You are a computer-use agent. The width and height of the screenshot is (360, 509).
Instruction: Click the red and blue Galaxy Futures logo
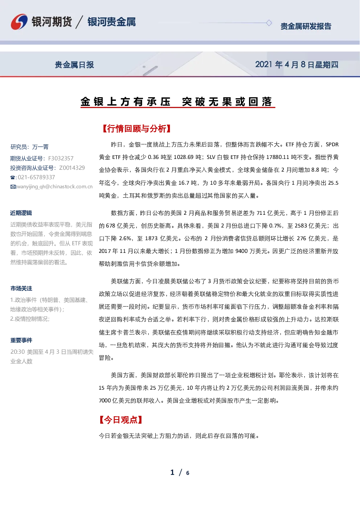pyautogui.click(x=19, y=22)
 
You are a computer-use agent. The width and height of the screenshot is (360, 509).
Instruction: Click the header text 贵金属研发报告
pyautogui.click(x=306, y=26)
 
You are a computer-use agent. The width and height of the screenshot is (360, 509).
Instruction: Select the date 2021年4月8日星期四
pyautogui.click(x=296, y=65)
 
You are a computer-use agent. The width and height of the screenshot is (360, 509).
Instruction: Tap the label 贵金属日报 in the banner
pyautogui.click(x=74, y=65)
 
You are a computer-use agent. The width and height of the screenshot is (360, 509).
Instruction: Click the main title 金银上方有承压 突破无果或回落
pyautogui.click(x=177, y=101)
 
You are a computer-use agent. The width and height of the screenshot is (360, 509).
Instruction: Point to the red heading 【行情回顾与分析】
pyautogui.click(x=136, y=129)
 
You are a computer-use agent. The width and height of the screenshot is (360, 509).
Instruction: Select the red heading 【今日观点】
pyautogui.click(x=121, y=420)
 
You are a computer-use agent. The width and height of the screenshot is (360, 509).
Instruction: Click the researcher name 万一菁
pyautogui.click(x=40, y=147)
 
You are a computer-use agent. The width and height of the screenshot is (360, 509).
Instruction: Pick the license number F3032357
pyautogui.click(x=61, y=158)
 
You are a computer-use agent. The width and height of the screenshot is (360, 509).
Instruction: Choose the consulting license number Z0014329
pyautogui.click(x=72, y=168)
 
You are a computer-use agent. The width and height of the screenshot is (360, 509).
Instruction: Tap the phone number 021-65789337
pyautogui.click(x=36, y=177)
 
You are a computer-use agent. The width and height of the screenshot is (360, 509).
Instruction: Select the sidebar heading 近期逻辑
pyautogui.click(x=21, y=213)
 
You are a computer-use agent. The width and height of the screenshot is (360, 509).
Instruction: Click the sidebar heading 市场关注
pyautogui.click(x=21, y=288)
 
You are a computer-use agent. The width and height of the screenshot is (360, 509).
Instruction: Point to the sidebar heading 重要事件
pyautogui.click(x=21, y=340)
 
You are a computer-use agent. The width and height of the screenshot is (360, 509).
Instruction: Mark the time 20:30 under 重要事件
pyautogui.click(x=17, y=352)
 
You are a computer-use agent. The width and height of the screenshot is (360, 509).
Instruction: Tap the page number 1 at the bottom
pyautogui.click(x=172, y=472)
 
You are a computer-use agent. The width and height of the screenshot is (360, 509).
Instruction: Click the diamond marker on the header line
pyautogui.click(x=269, y=23)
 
